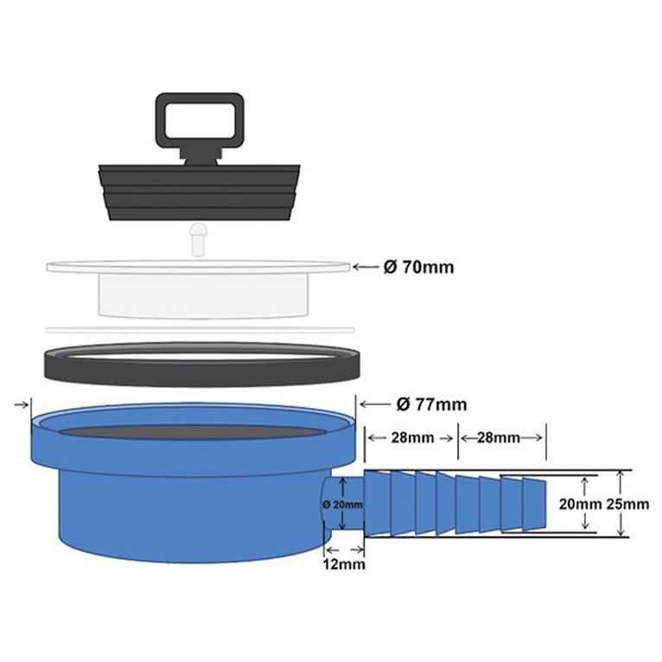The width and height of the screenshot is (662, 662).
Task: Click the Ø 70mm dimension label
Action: click(x=418, y=268)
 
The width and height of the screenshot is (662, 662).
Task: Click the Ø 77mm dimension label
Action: click(x=431, y=404)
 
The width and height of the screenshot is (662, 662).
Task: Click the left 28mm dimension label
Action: click(x=412, y=438)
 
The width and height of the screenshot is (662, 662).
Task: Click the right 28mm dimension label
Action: click(x=502, y=438)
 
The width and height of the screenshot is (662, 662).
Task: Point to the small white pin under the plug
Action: click(x=199, y=237)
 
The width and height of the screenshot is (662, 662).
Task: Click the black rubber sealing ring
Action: click(x=201, y=364)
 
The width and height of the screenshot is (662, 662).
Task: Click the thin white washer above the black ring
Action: click(x=201, y=329)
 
